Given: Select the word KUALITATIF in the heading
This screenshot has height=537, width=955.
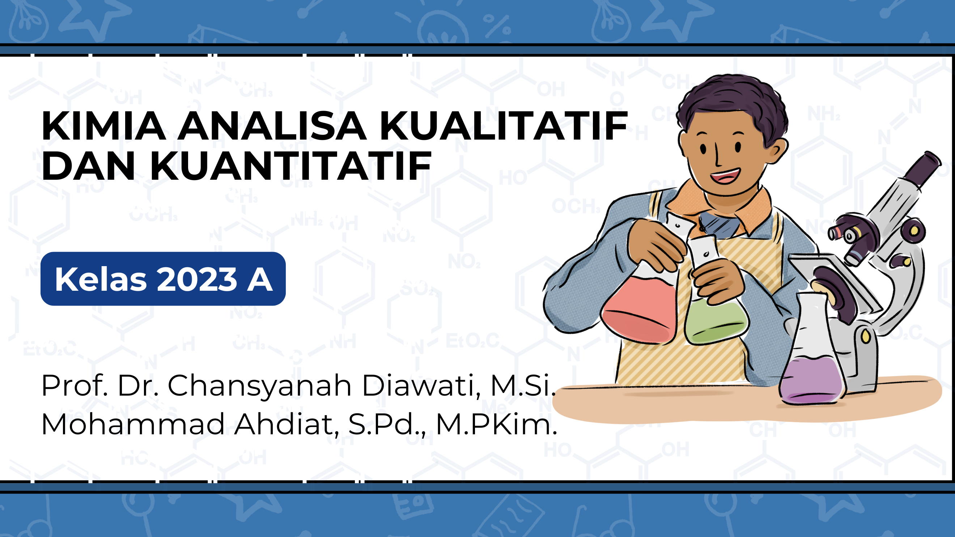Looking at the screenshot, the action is [504, 126].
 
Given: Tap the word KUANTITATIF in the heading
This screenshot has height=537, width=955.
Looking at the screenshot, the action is [291, 166].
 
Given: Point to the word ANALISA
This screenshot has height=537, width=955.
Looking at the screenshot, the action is [272, 126].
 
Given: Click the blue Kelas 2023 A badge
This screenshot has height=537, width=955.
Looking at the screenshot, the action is [163, 279].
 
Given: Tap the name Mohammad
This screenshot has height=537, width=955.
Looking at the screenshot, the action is [133, 424].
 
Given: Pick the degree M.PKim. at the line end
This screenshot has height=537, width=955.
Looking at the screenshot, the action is [496, 424].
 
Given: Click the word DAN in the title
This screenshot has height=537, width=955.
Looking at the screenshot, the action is [88, 166].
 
